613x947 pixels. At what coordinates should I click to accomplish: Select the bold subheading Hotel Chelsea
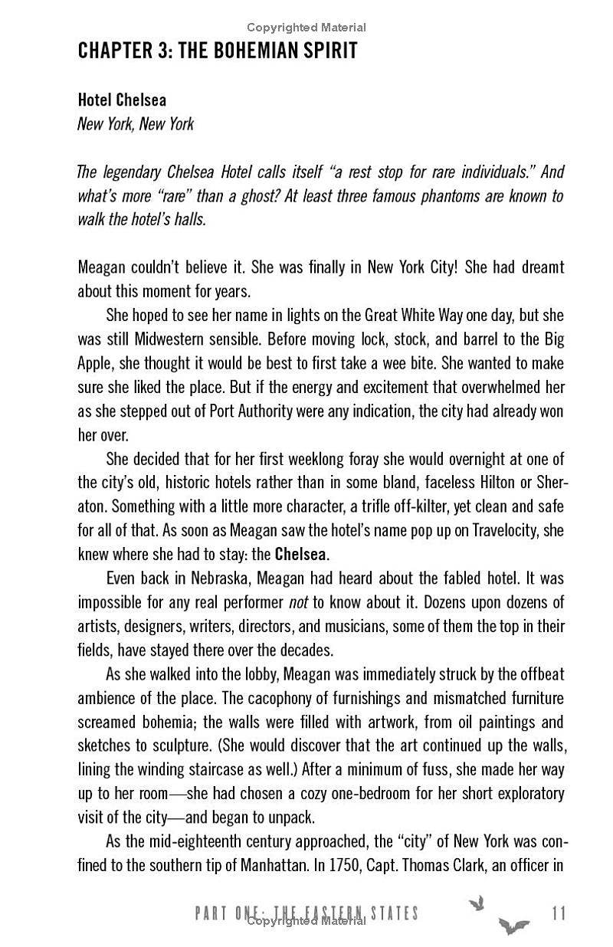[122, 100]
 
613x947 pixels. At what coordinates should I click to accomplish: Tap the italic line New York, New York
[136, 123]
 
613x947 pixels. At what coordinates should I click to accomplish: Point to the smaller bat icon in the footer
[477, 903]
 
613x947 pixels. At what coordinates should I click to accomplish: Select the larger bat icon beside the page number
[513, 925]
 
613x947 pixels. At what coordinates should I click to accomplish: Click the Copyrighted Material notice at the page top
[306, 28]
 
